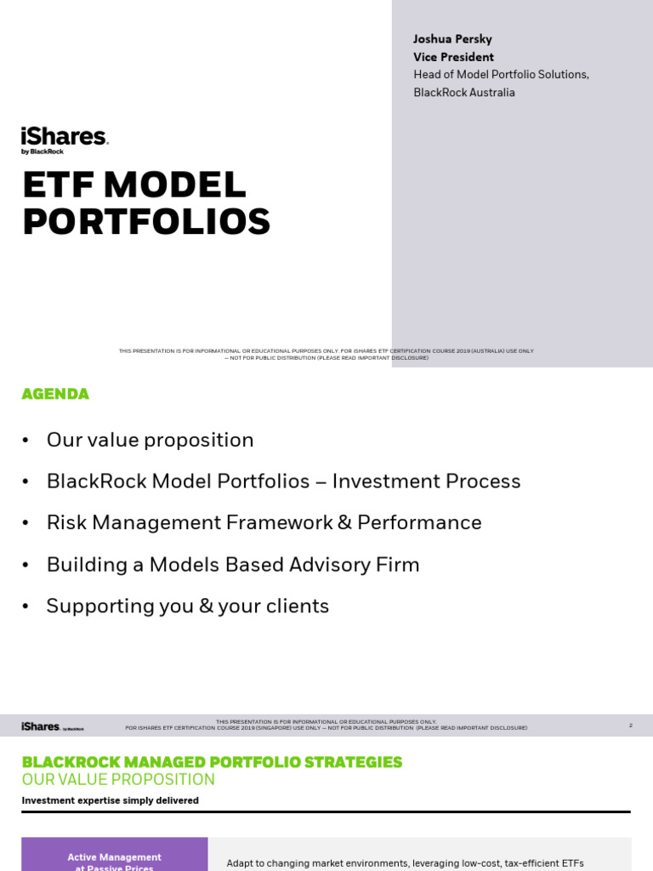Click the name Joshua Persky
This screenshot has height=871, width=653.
click(452, 39)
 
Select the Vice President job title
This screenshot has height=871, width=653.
click(453, 57)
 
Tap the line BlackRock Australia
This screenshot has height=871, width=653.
click(464, 93)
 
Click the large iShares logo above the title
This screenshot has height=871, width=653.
click(64, 139)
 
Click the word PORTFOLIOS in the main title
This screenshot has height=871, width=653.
click(146, 222)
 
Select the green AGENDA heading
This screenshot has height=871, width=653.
click(55, 394)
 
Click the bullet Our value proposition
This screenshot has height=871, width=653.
click(150, 440)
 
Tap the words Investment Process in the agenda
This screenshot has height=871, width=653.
click(426, 481)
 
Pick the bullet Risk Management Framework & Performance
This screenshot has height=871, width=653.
click(264, 522)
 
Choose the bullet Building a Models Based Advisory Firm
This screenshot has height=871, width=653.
click(232, 565)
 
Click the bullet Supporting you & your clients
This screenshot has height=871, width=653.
click(187, 606)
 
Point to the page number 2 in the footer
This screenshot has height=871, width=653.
click(630, 726)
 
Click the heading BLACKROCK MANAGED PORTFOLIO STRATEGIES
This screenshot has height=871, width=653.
click(212, 762)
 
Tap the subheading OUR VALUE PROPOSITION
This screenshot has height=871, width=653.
click(118, 780)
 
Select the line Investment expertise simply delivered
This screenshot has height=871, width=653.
click(110, 800)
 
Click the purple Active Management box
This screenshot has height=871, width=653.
click(114, 857)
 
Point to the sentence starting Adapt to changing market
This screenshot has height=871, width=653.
click(405, 862)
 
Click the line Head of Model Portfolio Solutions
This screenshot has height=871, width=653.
click(501, 75)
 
